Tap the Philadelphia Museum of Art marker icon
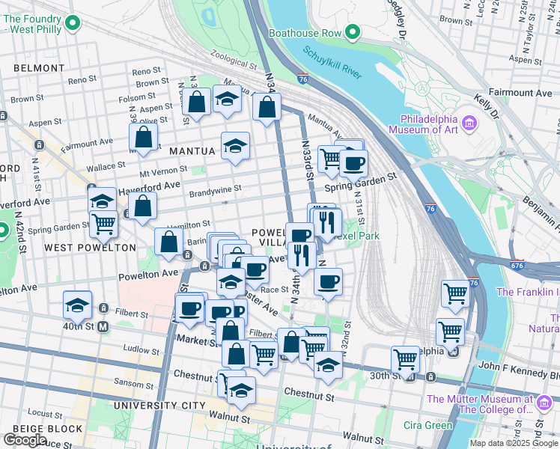pyautogui.click(x=469, y=122)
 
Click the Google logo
pyautogui.click(x=25, y=440)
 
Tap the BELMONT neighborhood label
pyautogui.click(x=39, y=68)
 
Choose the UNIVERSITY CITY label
pyautogui.click(x=159, y=406)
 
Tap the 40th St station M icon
pyautogui.click(x=103, y=326)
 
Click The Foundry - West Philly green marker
pyautogui.click(x=73, y=24)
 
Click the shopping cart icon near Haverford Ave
pyautogui.click(x=104, y=223)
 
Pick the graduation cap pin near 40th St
pyautogui.click(x=77, y=304)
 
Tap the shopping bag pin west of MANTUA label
pyautogui.click(x=143, y=137)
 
